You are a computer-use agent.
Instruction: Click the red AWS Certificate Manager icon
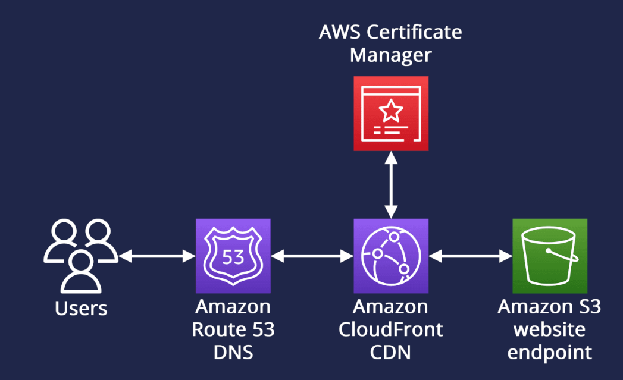tap(390, 113)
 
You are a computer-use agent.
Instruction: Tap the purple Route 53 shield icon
tap(233, 256)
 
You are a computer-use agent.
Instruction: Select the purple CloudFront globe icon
tap(390, 256)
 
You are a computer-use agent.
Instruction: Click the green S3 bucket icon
tap(549, 256)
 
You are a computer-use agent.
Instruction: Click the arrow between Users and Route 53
tap(157, 256)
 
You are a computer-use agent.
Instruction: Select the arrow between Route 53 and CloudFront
tap(312, 256)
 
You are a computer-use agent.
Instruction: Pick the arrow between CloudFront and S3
tap(470, 256)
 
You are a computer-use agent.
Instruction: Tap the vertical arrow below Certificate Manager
tap(390, 184)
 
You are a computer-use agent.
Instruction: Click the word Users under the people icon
tap(81, 309)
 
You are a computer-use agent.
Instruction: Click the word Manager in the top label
tap(390, 55)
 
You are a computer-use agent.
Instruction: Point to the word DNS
tap(233, 351)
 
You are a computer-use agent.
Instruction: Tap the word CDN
tap(390, 351)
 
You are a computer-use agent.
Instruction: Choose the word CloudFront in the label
tap(390, 329)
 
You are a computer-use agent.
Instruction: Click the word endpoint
tap(549, 351)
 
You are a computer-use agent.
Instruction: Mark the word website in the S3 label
tap(549, 329)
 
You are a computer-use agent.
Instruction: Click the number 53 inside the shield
tap(233, 257)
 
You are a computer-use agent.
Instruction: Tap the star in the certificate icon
tap(390, 109)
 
